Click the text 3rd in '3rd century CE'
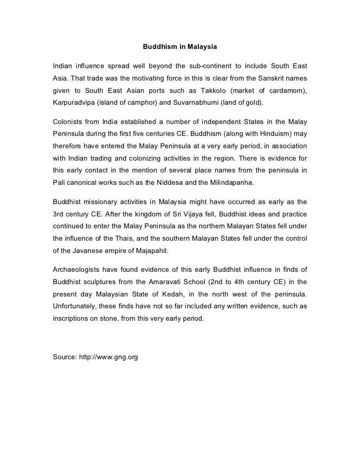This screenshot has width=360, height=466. coord(60,214)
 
